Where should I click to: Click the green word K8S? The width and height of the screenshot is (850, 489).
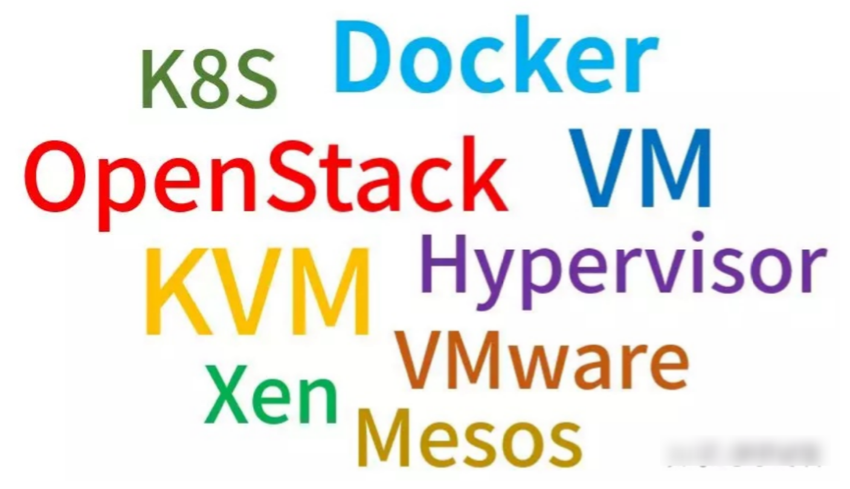(x=209, y=79)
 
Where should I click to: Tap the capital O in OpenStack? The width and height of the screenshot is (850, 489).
(x=54, y=174)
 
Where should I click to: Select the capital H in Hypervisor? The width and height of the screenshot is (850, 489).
(x=445, y=262)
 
